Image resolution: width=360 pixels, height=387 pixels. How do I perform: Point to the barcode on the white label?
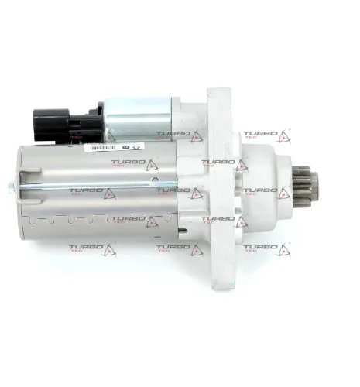[101, 146]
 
